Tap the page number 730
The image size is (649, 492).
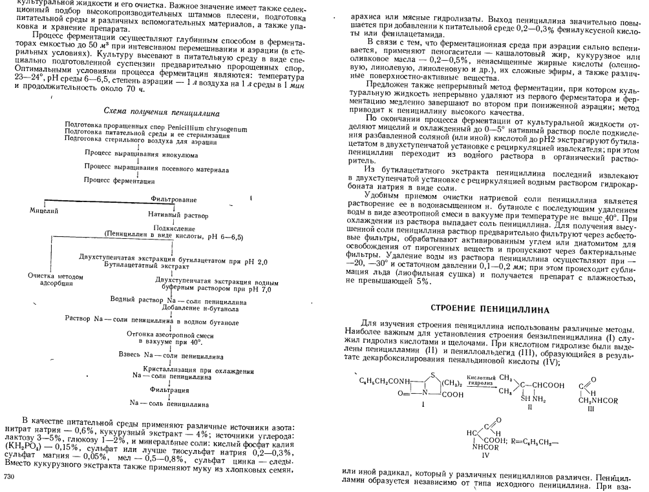[10, 476]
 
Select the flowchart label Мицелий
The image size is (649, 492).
[44, 210]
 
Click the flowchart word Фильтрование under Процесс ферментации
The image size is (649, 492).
[171, 200]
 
